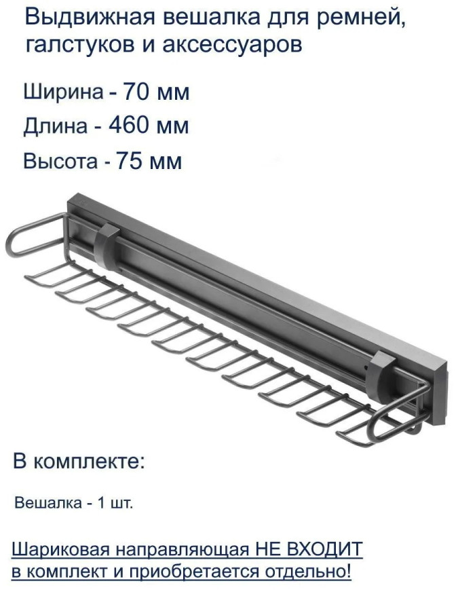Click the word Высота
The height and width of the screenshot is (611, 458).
61,162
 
